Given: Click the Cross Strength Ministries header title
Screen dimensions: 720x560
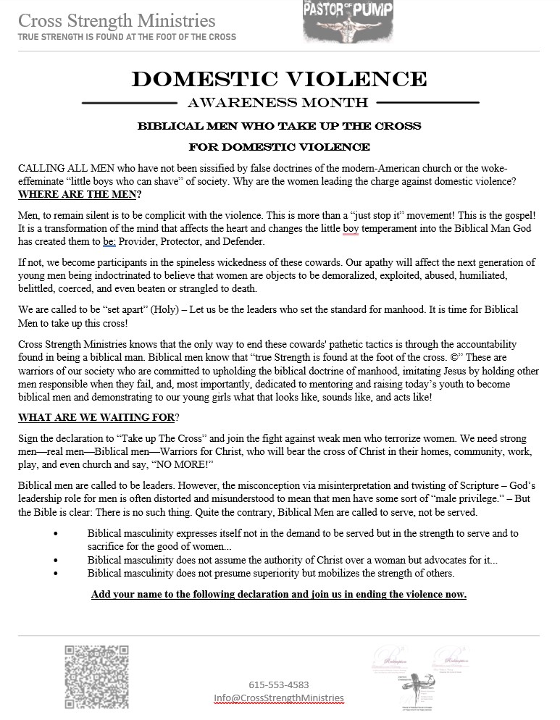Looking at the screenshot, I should (117, 20).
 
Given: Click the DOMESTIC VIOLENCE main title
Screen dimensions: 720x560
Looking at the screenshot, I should (279, 79).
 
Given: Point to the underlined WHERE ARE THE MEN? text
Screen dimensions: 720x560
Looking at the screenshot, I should (80, 195).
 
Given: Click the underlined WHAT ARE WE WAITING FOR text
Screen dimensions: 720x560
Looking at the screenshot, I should (96, 417).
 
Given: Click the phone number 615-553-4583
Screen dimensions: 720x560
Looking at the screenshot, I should (279, 684).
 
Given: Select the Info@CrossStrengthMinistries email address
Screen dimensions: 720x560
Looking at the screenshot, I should (279, 698).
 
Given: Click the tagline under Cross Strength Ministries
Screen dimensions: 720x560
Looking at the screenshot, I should (127, 37).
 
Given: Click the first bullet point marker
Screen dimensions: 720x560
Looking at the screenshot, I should (56, 534).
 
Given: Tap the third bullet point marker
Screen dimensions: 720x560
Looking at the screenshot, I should (56, 573).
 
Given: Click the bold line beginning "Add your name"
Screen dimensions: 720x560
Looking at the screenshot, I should (279, 595).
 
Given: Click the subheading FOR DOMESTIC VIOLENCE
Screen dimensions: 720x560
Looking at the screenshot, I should (279, 147).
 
